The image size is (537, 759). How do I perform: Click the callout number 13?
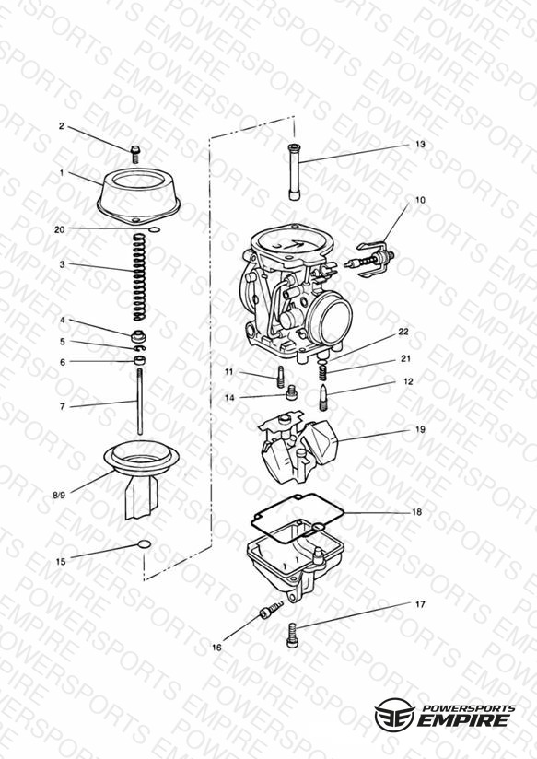[x=420, y=145]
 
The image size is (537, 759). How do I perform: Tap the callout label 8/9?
[x=59, y=496]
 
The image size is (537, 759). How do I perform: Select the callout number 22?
[x=403, y=332]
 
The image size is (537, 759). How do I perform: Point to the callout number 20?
[x=59, y=229]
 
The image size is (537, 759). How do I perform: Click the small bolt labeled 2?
[x=135, y=155]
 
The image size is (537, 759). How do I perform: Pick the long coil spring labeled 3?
[x=139, y=277]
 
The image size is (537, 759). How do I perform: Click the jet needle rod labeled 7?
[x=140, y=402]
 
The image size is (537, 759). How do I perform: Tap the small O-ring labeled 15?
[x=145, y=544]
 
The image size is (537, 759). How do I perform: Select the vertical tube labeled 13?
[x=294, y=172]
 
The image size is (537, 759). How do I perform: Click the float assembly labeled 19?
[x=298, y=447]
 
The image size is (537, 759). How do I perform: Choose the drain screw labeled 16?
[x=271, y=610]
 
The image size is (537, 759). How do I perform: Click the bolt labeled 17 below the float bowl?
[x=293, y=635]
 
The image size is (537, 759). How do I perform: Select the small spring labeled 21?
[x=324, y=372]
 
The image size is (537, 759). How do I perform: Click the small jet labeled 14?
[x=291, y=392]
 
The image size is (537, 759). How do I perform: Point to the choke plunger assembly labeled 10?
[x=369, y=260]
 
